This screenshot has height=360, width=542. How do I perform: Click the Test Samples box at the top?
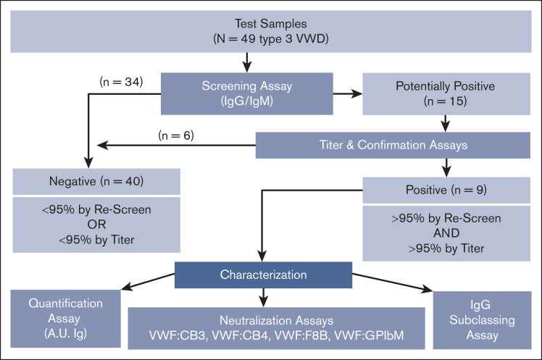[x=271, y=31]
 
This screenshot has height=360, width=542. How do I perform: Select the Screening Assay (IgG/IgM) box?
[x=247, y=93]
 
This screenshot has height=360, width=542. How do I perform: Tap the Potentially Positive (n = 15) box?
[x=446, y=93]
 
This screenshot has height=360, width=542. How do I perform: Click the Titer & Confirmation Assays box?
[x=393, y=145]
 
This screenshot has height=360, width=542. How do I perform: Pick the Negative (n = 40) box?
[x=96, y=182]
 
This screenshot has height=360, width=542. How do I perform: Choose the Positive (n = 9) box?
[x=446, y=190]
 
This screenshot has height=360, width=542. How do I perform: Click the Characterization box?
[x=264, y=275]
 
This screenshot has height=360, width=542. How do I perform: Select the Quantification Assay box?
[x=66, y=319]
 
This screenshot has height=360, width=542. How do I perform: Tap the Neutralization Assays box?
[x=277, y=328]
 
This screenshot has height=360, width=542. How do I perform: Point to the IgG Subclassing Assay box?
[x=482, y=320]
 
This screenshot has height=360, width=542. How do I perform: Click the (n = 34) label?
[x=121, y=82]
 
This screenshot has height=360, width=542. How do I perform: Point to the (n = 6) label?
[x=176, y=135]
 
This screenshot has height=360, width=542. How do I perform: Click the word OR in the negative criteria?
[x=96, y=225]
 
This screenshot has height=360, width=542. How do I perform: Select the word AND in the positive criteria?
[x=446, y=233]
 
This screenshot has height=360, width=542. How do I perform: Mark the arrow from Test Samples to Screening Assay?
[x=247, y=62]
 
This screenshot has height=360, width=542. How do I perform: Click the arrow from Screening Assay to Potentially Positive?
[x=348, y=93]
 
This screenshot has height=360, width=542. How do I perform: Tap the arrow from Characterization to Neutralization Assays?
[x=264, y=298]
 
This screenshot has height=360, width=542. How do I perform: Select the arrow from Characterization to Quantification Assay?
[x=148, y=282]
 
